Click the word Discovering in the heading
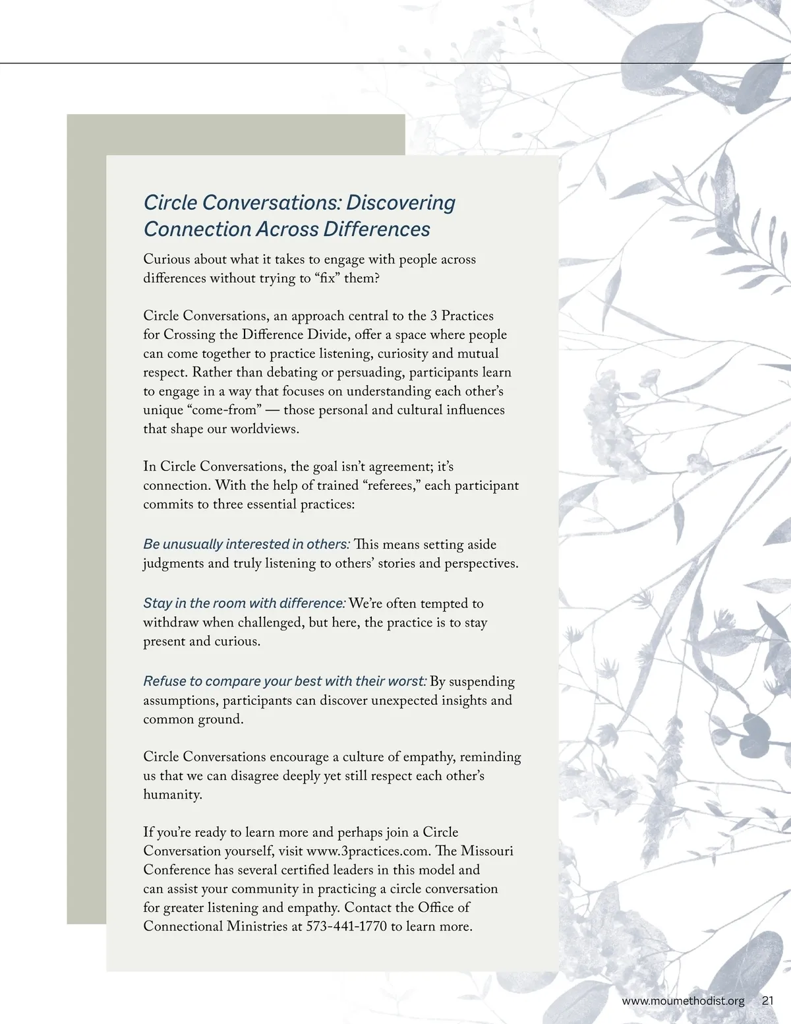coord(400,202)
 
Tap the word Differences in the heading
coord(376,229)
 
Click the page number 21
coord(767,1000)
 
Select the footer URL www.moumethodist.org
coord(683,1000)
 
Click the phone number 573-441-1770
coord(347,926)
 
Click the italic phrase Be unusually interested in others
coord(247,545)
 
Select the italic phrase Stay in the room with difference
coord(245,603)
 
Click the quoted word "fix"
coord(324,278)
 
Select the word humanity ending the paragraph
coord(172,795)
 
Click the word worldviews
coord(264,429)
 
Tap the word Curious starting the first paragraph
coord(166,259)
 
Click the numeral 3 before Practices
coord(434,316)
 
